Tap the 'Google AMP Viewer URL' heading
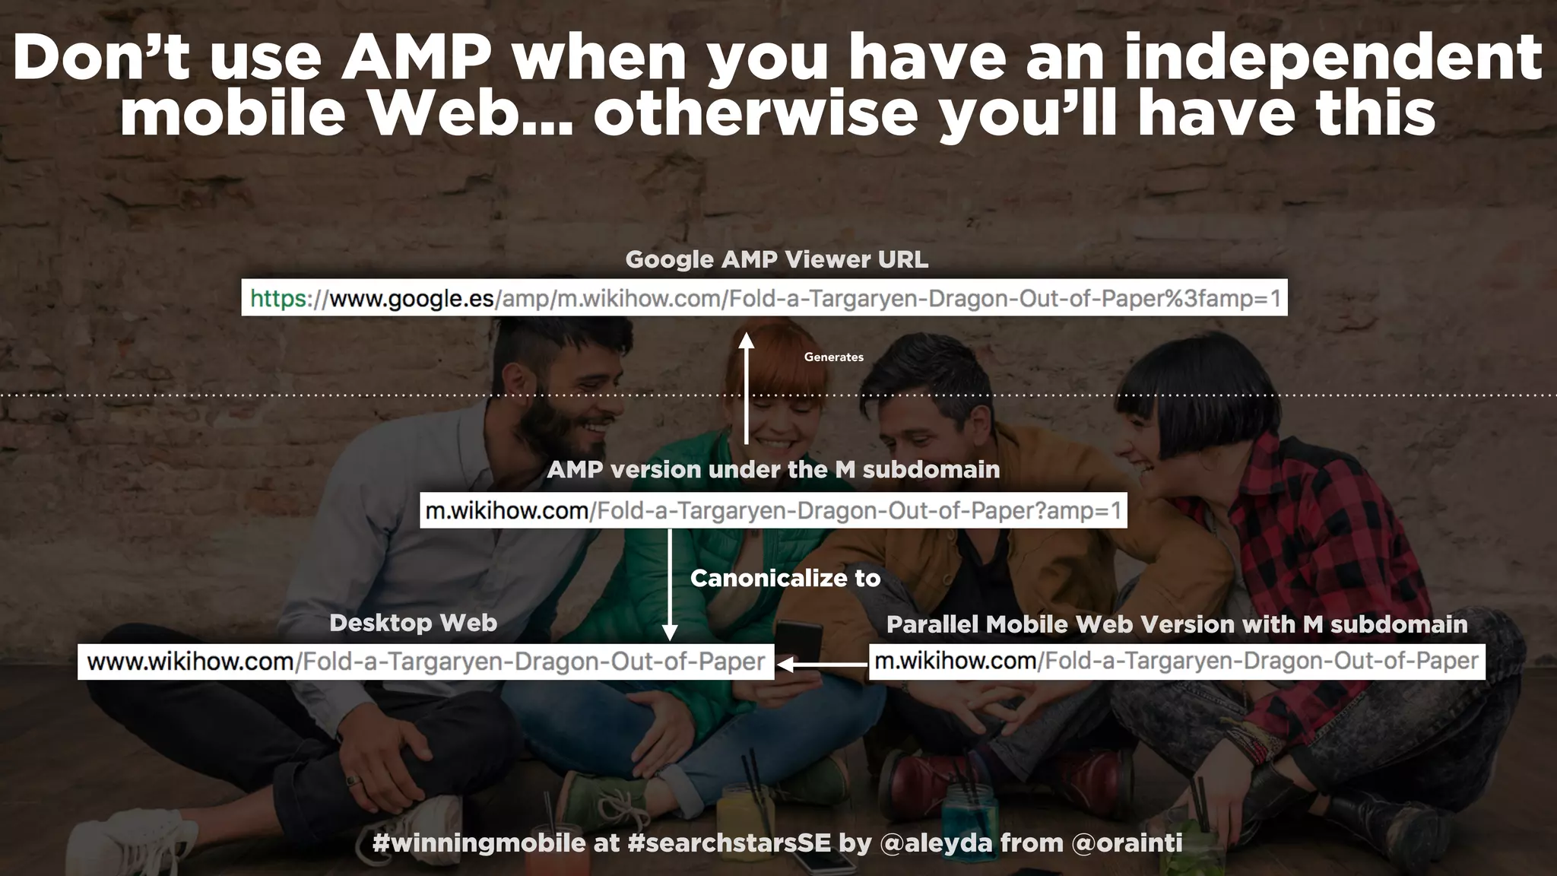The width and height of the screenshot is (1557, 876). [776, 259]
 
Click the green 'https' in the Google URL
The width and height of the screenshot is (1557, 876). [278, 298]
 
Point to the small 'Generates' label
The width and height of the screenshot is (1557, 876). [833, 357]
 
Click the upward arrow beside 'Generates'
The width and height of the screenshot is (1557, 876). [747, 388]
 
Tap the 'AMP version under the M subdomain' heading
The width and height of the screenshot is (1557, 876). [773, 469]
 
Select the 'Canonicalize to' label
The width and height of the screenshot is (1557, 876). [785, 578]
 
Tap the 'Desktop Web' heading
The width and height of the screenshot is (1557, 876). [413, 623]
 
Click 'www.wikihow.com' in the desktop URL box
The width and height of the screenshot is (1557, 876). [190, 662]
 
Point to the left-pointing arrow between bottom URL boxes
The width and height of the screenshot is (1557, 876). [822, 664]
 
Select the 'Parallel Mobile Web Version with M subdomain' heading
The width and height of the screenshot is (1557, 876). [1177, 624]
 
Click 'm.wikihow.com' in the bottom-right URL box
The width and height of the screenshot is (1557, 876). [955, 661]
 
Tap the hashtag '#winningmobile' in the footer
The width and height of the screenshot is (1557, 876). [479, 843]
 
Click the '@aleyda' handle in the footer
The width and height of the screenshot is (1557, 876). [936, 843]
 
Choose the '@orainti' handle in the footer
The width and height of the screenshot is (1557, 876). [1127, 843]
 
